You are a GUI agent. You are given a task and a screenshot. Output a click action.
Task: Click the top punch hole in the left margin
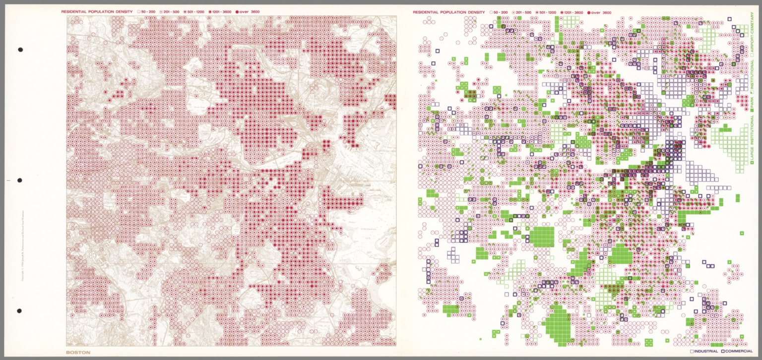(20, 50)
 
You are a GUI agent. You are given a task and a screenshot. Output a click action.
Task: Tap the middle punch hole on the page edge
(20, 180)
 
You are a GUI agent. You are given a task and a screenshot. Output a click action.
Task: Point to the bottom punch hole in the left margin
(19, 311)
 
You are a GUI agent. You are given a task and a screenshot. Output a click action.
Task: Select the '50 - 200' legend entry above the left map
(149, 11)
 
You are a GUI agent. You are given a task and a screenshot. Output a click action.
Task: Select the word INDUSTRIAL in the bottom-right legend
(706, 352)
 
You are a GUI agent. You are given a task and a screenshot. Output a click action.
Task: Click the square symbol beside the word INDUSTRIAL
(692, 352)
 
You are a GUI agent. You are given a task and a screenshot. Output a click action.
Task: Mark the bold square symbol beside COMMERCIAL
(723, 352)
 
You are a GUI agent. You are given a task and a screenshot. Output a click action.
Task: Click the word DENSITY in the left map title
(123, 11)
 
